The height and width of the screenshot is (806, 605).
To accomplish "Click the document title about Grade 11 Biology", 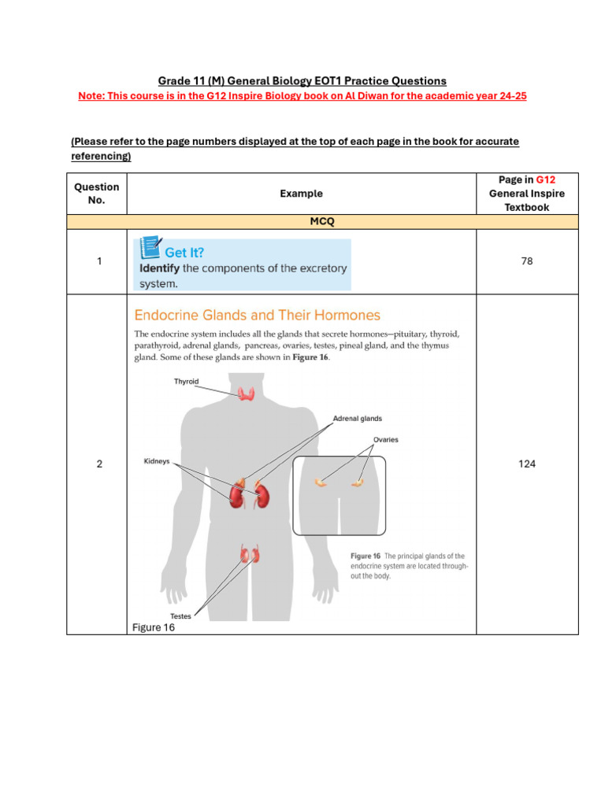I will click(302, 81).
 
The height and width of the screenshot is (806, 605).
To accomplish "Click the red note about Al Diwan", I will click(302, 95).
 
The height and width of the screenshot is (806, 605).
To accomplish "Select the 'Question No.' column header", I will click(97, 193).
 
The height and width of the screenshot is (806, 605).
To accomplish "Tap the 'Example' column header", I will click(302, 193).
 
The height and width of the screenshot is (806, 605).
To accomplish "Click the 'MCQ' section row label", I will click(322, 222).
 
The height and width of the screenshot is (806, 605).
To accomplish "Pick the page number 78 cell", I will click(527, 261).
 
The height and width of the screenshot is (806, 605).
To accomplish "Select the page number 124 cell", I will click(527, 464).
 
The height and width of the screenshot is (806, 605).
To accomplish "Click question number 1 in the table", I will click(99, 261).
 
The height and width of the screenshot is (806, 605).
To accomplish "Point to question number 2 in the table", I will click(99, 464).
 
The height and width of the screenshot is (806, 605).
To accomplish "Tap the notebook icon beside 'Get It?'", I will click(150, 247).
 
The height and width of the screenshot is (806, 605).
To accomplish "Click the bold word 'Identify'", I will click(160, 268).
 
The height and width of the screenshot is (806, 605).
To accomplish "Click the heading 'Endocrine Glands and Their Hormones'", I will click(257, 316).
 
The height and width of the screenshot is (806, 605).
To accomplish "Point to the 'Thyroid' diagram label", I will click(186, 382).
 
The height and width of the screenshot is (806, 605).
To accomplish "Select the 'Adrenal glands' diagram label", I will click(357, 419).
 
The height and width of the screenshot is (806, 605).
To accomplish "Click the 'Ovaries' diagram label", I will click(385, 440).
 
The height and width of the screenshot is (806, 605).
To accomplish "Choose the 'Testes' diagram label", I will click(180, 616).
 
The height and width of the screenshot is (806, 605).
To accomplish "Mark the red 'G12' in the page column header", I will click(546, 179).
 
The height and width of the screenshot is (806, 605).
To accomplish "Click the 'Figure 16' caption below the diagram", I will click(154, 627).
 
